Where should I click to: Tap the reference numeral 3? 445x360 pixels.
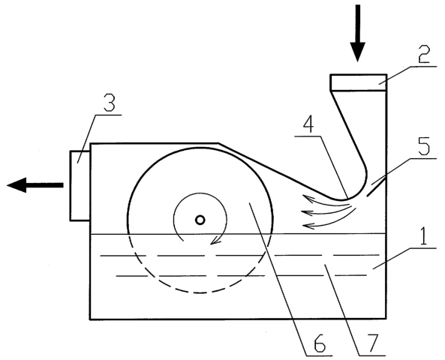point(110,103)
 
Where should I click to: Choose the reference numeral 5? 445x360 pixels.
point(424,145)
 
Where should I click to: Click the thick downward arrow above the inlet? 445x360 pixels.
point(358,33)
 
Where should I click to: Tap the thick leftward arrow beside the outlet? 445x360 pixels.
point(35,185)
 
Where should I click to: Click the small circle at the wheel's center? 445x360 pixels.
point(200,220)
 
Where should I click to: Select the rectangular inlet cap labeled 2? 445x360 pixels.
point(358,82)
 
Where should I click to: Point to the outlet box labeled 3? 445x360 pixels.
point(80,186)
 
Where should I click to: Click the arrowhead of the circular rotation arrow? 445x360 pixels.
point(216,241)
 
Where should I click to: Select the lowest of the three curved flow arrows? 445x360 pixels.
point(331,223)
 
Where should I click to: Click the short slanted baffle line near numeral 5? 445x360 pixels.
point(376,187)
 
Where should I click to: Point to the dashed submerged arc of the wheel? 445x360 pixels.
point(200,292)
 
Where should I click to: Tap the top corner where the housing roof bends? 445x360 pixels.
point(218,143)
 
